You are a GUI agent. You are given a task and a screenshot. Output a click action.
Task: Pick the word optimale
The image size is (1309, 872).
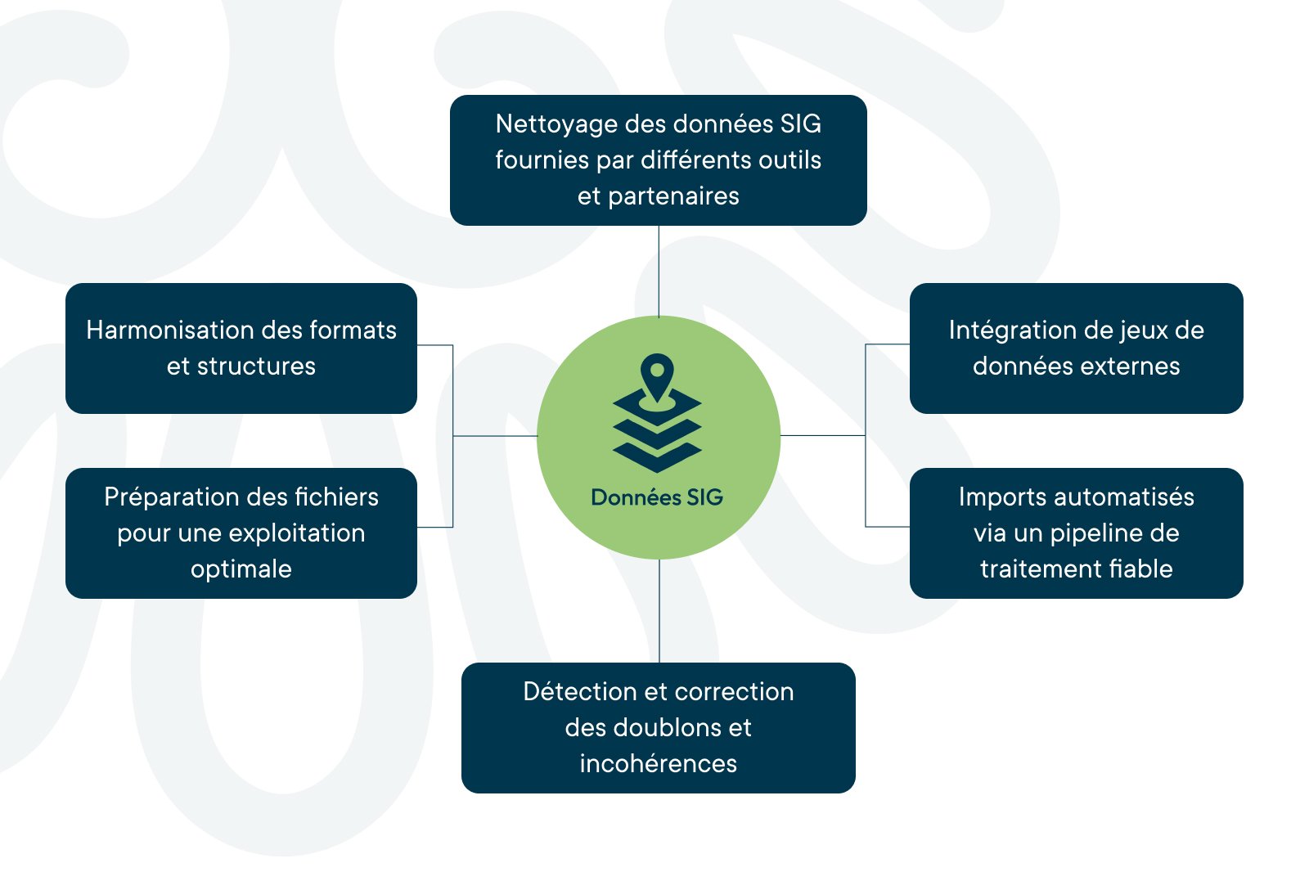point(241,569)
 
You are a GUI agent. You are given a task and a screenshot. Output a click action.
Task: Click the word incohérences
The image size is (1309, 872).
point(659,763)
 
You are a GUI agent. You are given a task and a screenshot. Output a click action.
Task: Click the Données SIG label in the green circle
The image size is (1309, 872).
point(657,497)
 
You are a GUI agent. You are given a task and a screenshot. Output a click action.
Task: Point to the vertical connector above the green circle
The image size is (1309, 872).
point(659,271)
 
